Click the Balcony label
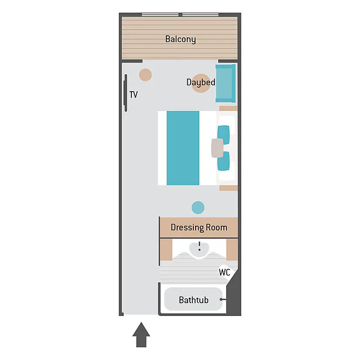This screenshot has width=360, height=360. coord(181,39)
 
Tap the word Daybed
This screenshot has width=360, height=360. coord(201,82)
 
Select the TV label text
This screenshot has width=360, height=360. coord(134,94)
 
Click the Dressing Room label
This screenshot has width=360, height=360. coord(199,227)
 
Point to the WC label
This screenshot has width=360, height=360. coord(224,272)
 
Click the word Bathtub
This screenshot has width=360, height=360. coord(194,300)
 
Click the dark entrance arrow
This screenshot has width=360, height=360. coord(141,335)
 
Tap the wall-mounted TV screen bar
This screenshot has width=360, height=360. coord(126,93)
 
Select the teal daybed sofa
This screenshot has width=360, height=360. coord(226,83)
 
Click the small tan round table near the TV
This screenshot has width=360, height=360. coord(145,75)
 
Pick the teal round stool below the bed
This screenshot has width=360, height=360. coord(198,208)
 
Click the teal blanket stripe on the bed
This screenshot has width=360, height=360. coord(183,148)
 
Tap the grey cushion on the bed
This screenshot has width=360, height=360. coord(217,148)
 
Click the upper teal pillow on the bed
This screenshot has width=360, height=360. coord(223,135)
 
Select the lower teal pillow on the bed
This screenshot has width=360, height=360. coord(223,161)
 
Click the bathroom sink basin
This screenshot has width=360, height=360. coord(199,250)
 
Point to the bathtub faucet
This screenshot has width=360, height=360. coord(223,299)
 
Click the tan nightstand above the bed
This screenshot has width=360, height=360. coord(228,108)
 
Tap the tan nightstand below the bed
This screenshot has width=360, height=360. coord(229,188)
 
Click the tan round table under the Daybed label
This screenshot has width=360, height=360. coord(201,83)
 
